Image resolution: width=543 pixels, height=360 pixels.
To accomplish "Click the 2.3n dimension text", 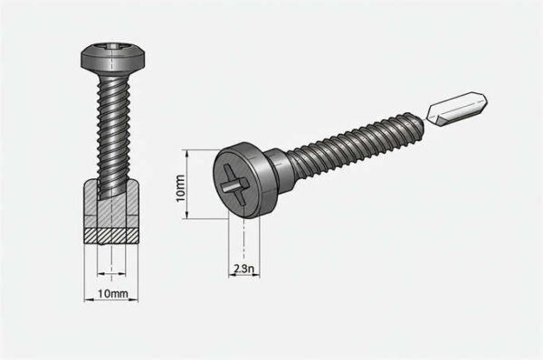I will point(243,269).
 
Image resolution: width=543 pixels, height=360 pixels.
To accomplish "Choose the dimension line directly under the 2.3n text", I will point(243,277).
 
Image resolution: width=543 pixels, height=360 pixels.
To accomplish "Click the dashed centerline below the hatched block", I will point(110,262).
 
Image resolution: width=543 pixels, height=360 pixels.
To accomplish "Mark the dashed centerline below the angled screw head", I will point(243,240).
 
